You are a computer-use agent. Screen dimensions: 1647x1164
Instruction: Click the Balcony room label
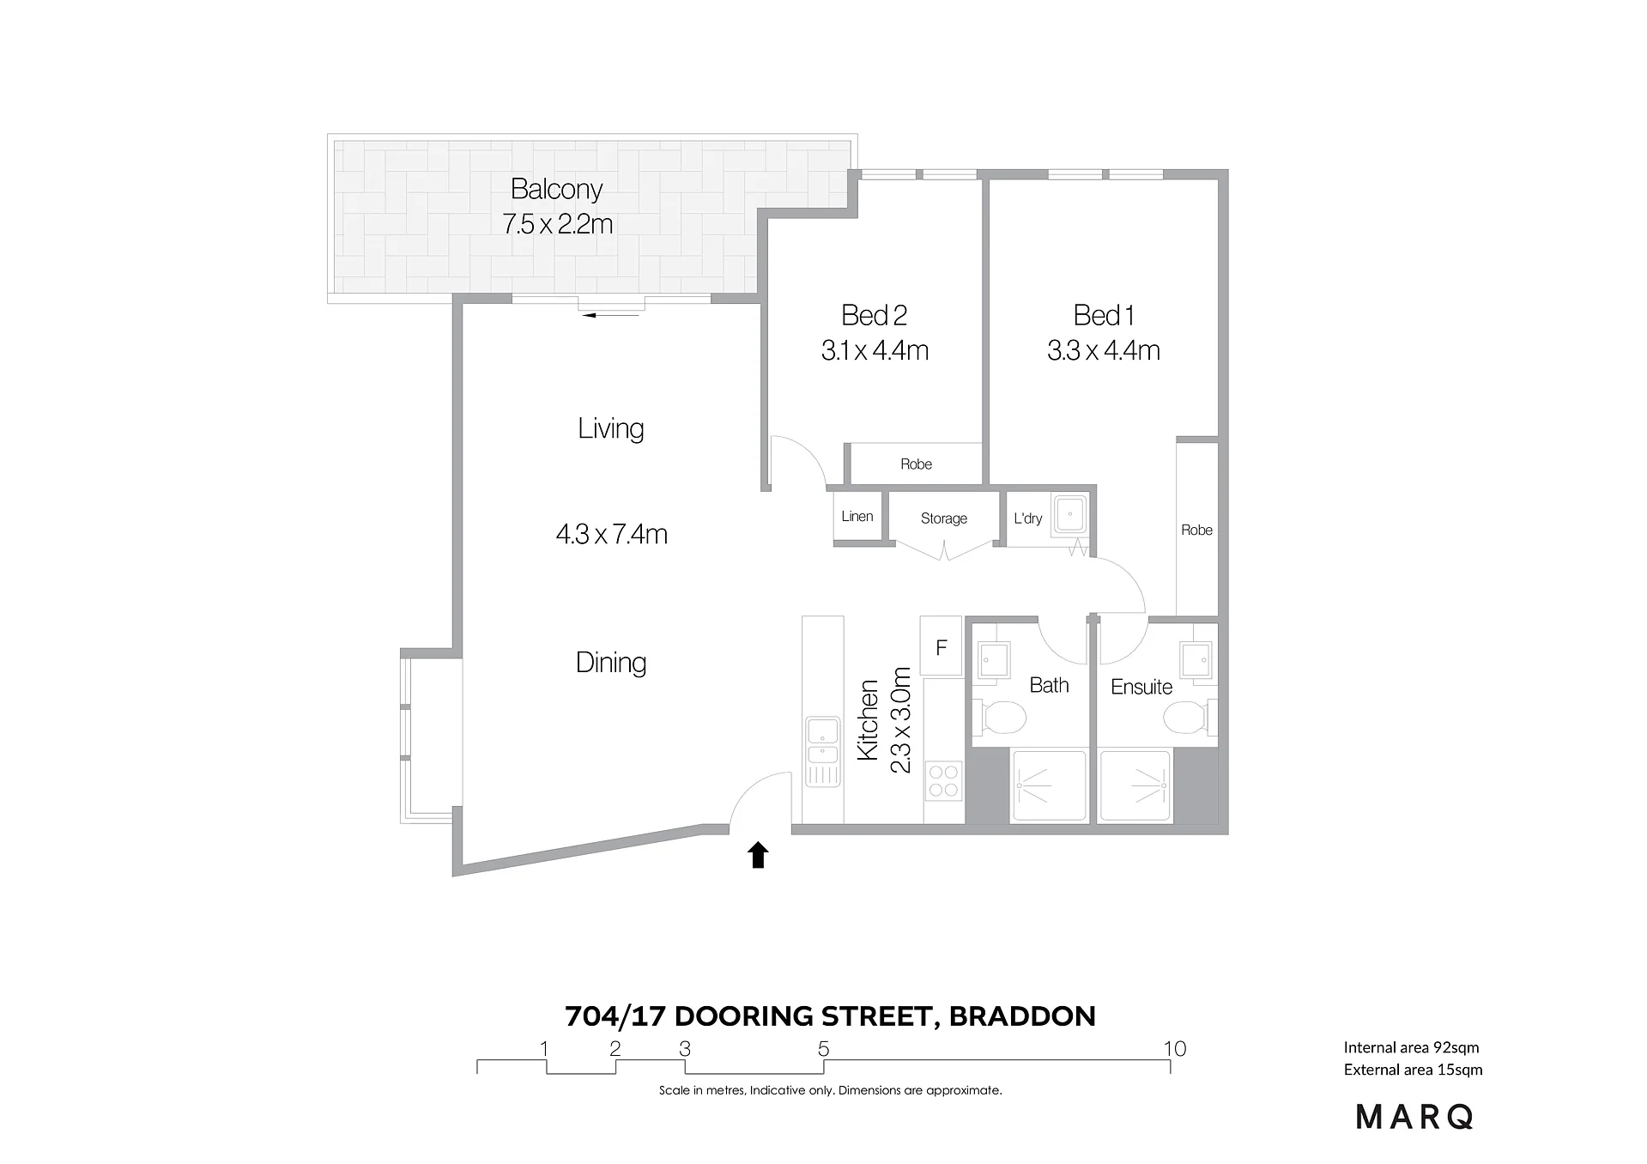(556, 189)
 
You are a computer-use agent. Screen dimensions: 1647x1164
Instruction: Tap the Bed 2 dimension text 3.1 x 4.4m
(875, 350)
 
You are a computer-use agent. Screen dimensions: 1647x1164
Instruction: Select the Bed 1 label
(1104, 315)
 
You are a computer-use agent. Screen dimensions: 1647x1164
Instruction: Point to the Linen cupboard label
(857, 516)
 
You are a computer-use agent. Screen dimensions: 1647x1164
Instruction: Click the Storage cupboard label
(944, 518)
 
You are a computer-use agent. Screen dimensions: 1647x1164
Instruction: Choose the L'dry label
(1028, 518)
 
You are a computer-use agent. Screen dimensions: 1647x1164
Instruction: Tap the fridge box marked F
(941, 646)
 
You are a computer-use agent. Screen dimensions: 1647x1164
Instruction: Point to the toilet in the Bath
(999, 717)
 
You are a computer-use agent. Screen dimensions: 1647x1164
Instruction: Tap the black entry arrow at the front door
(758, 855)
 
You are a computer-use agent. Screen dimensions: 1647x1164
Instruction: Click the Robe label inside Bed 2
(916, 464)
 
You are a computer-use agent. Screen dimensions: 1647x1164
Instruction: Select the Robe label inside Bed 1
(1196, 530)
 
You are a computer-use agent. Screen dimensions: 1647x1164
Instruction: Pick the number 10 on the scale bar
(1175, 1048)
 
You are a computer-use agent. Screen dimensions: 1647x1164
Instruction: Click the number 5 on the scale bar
(824, 1048)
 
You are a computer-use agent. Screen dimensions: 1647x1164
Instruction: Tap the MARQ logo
(1414, 1117)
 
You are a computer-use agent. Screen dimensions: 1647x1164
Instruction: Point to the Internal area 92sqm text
(1412, 1047)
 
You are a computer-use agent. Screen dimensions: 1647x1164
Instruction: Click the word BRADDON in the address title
(1022, 1016)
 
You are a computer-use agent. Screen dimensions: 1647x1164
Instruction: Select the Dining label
(611, 663)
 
